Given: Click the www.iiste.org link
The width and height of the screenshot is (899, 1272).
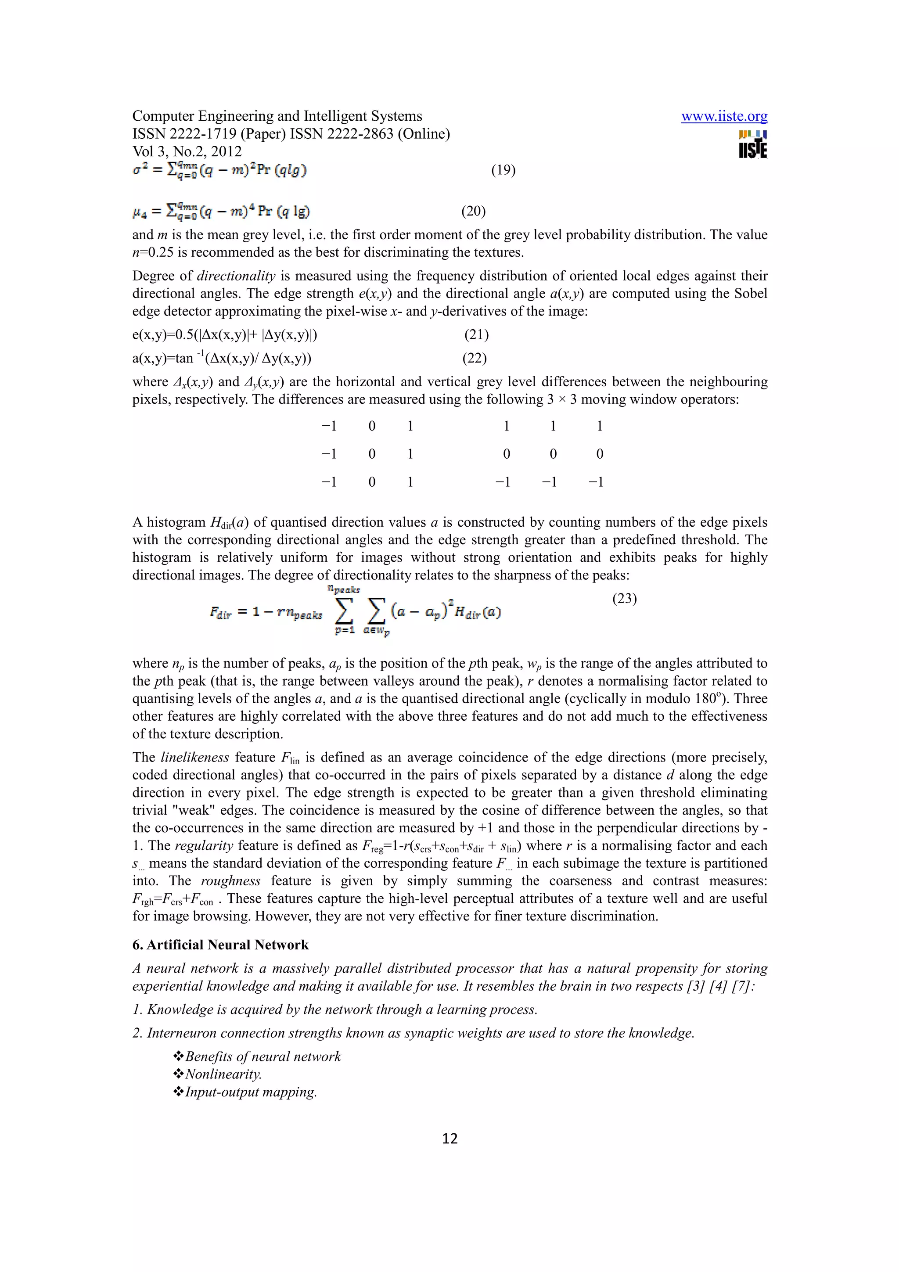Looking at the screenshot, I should click(723, 116).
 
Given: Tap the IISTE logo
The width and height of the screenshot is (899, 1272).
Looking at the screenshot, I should click(752, 144).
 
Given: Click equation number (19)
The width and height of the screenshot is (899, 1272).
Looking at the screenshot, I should click(503, 170).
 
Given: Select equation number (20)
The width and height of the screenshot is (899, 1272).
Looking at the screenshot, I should click(473, 211).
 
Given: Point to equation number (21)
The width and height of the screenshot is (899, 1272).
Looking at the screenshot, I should click(476, 334).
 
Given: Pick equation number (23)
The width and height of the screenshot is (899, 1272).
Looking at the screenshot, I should click(624, 599).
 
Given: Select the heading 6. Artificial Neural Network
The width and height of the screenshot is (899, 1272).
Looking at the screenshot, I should click(220, 945).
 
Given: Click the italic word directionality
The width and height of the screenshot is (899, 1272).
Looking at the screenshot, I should click(236, 276).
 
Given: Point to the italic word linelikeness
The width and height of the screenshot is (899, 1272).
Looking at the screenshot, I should click(194, 757).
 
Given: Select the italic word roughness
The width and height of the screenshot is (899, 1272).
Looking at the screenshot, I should click(230, 881).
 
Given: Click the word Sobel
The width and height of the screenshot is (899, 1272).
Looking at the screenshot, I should click(751, 294).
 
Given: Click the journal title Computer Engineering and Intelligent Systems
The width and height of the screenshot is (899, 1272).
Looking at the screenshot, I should click(277, 116).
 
